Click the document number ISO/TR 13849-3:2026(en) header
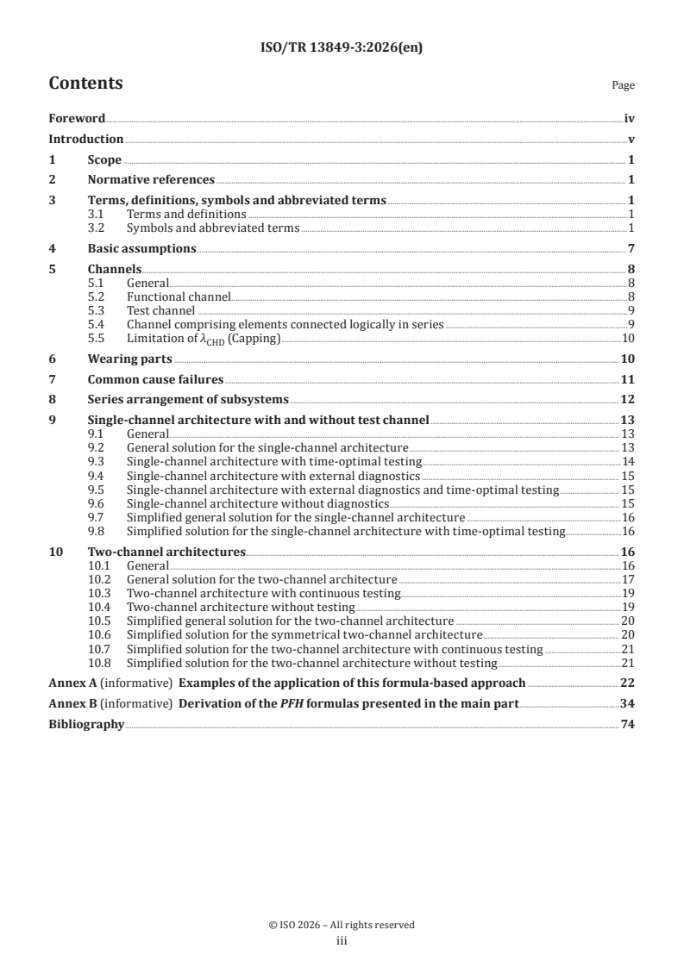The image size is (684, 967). coord(342,48)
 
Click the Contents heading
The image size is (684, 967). coord(85,84)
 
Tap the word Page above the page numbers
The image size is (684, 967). coord(623,85)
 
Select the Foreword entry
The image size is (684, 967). coord(77,119)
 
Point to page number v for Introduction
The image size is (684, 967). coord(631,140)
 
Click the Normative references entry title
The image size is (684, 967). coord(151,180)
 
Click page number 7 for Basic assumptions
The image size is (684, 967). coord(631,249)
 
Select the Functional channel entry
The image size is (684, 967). coord(179,297)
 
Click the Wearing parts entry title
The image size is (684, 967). coord(130,359)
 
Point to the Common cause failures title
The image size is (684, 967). coord(155,379)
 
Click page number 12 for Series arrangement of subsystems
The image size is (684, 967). coord(628,400)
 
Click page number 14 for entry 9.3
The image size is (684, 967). coord(629,462)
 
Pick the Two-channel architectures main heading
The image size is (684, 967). coord(167,552)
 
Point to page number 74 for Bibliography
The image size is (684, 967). coord(628,725)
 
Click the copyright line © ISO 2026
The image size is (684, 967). coord(342,925)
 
